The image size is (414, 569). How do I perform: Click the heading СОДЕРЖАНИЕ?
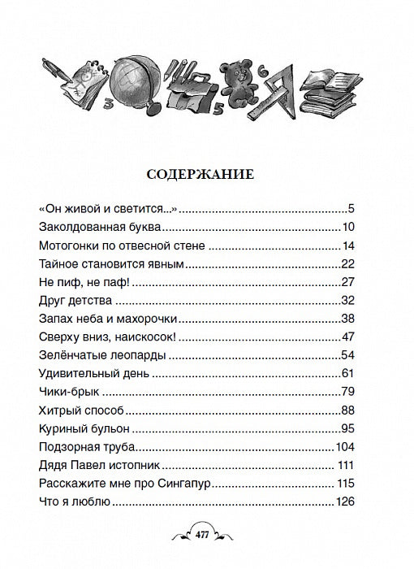pos(207,174)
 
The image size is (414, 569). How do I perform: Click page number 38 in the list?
pos(350,317)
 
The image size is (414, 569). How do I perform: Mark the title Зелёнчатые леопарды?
pos(103,354)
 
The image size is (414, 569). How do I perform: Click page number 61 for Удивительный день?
pos(350,371)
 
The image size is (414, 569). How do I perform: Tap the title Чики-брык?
pos(68,389)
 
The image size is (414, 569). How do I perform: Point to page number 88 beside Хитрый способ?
pos(350,408)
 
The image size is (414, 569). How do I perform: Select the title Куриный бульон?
pos(86,426)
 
